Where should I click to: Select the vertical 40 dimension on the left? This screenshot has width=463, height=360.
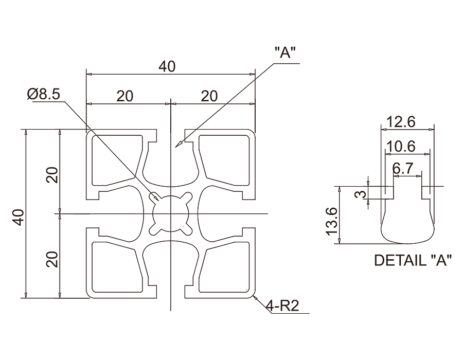point(19,218)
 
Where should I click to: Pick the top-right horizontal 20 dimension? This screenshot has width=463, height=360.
point(209,96)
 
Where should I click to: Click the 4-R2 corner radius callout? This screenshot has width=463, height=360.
point(282,307)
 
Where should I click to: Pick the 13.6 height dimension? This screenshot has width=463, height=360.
point(331,219)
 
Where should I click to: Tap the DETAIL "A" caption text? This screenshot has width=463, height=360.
point(413,261)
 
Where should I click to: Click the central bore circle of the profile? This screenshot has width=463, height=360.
point(170,212)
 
